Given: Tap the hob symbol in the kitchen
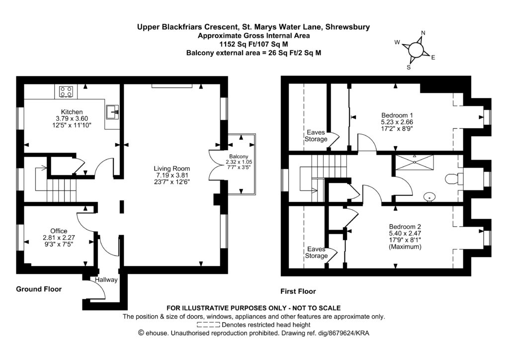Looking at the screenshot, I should pos(66,91).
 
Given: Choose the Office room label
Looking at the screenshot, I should pos(58,231).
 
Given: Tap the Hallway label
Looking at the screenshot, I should pos(106,280).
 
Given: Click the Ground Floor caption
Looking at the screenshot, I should pos(39,289).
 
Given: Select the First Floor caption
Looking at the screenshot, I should pos(299,291).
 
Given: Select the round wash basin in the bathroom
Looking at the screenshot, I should pos(429,197).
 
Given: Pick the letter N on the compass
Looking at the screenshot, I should pos(423,33).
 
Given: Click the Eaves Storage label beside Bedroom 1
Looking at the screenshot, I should pos(316,136).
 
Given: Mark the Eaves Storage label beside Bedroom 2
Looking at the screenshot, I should pos(316,252).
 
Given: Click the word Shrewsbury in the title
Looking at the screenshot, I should pos(346,27).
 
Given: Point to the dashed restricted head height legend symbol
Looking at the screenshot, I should pos(209,324).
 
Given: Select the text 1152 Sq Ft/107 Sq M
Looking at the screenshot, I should pos(254,44).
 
